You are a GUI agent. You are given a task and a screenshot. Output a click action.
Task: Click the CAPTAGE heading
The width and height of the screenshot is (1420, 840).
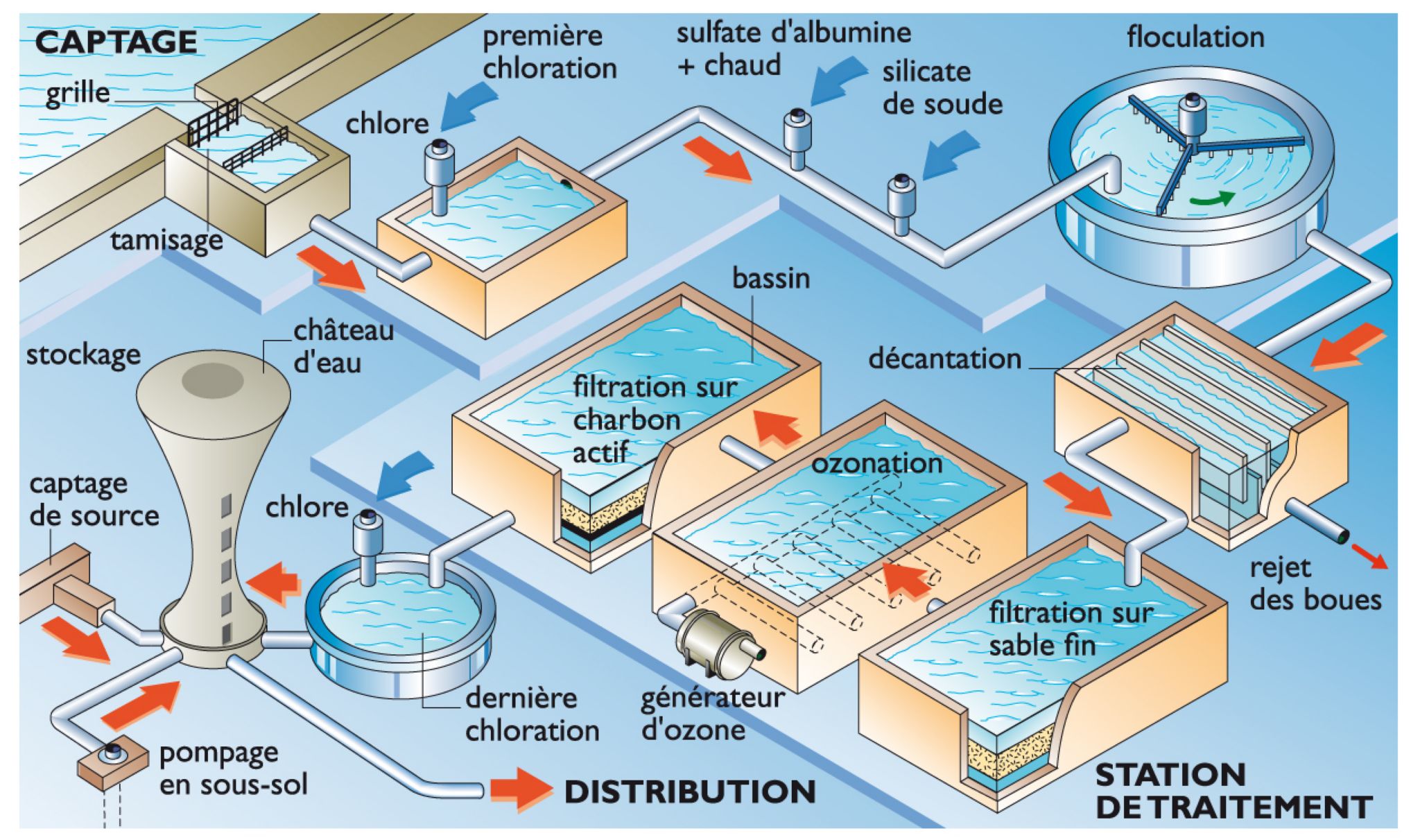coord(116,42)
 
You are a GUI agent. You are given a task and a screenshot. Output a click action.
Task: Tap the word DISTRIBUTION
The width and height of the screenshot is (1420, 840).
coord(690,792)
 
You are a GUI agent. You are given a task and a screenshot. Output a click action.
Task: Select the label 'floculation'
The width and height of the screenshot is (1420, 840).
coord(1195,37)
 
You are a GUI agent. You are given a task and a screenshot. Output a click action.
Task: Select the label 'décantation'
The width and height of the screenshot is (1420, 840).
coord(944,359)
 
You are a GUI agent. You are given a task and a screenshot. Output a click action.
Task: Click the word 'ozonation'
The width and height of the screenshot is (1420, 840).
coord(876,463)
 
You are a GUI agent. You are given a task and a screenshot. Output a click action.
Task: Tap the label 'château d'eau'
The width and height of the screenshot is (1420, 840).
coord(343,346)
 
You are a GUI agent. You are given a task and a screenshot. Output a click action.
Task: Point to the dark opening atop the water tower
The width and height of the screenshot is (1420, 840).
coord(212,380)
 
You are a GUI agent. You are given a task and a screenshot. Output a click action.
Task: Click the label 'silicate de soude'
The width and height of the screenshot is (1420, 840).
coord(942,88)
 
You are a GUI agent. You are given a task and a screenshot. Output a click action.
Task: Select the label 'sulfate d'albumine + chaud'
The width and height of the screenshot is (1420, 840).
coord(793,49)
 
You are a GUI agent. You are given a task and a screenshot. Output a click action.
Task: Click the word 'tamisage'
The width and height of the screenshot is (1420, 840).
coord(166,240)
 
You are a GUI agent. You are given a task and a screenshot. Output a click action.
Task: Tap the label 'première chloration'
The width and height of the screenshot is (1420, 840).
coord(549,52)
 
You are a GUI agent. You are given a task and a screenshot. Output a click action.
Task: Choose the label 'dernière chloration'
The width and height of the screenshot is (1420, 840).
coord(532,714)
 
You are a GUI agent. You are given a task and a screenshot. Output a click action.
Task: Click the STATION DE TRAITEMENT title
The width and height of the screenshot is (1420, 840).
coord(1233,791)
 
